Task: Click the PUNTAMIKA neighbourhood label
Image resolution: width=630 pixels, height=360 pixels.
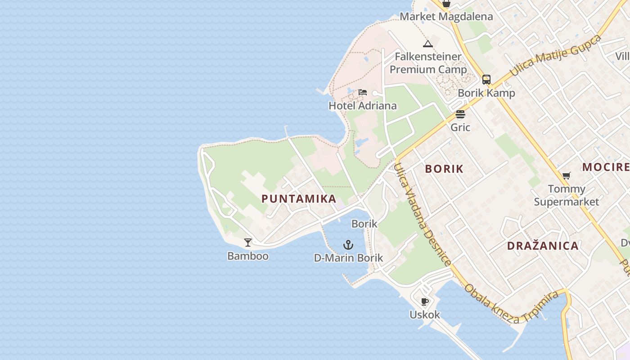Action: click(299, 198)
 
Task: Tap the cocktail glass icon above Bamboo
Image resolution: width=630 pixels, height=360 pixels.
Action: click(248, 243)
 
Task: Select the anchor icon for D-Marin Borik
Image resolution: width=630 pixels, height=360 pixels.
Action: click(348, 245)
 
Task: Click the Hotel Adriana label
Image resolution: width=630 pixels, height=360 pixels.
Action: click(363, 106)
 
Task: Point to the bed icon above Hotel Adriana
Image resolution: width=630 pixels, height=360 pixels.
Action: click(363, 92)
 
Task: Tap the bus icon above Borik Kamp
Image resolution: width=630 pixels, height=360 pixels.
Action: click(486, 80)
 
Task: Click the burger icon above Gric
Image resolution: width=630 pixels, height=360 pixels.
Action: click(460, 114)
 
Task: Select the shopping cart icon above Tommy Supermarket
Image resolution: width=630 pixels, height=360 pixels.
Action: click(566, 175)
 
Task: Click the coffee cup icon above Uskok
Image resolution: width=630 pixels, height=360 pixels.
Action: click(424, 301)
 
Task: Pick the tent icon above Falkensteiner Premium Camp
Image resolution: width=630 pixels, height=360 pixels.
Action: click(427, 44)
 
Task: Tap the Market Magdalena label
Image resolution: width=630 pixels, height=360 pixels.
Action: click(446, 17)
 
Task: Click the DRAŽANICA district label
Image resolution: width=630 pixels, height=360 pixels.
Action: click(543, 246)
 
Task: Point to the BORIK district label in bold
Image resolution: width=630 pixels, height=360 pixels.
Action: click(444, 169)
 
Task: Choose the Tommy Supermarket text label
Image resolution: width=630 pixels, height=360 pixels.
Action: click(567, 195)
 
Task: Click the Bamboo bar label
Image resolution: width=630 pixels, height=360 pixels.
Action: click(248, 256)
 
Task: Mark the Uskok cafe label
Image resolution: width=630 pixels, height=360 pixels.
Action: click(425, 315)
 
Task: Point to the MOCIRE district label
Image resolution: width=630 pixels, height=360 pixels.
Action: click(606, 167)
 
